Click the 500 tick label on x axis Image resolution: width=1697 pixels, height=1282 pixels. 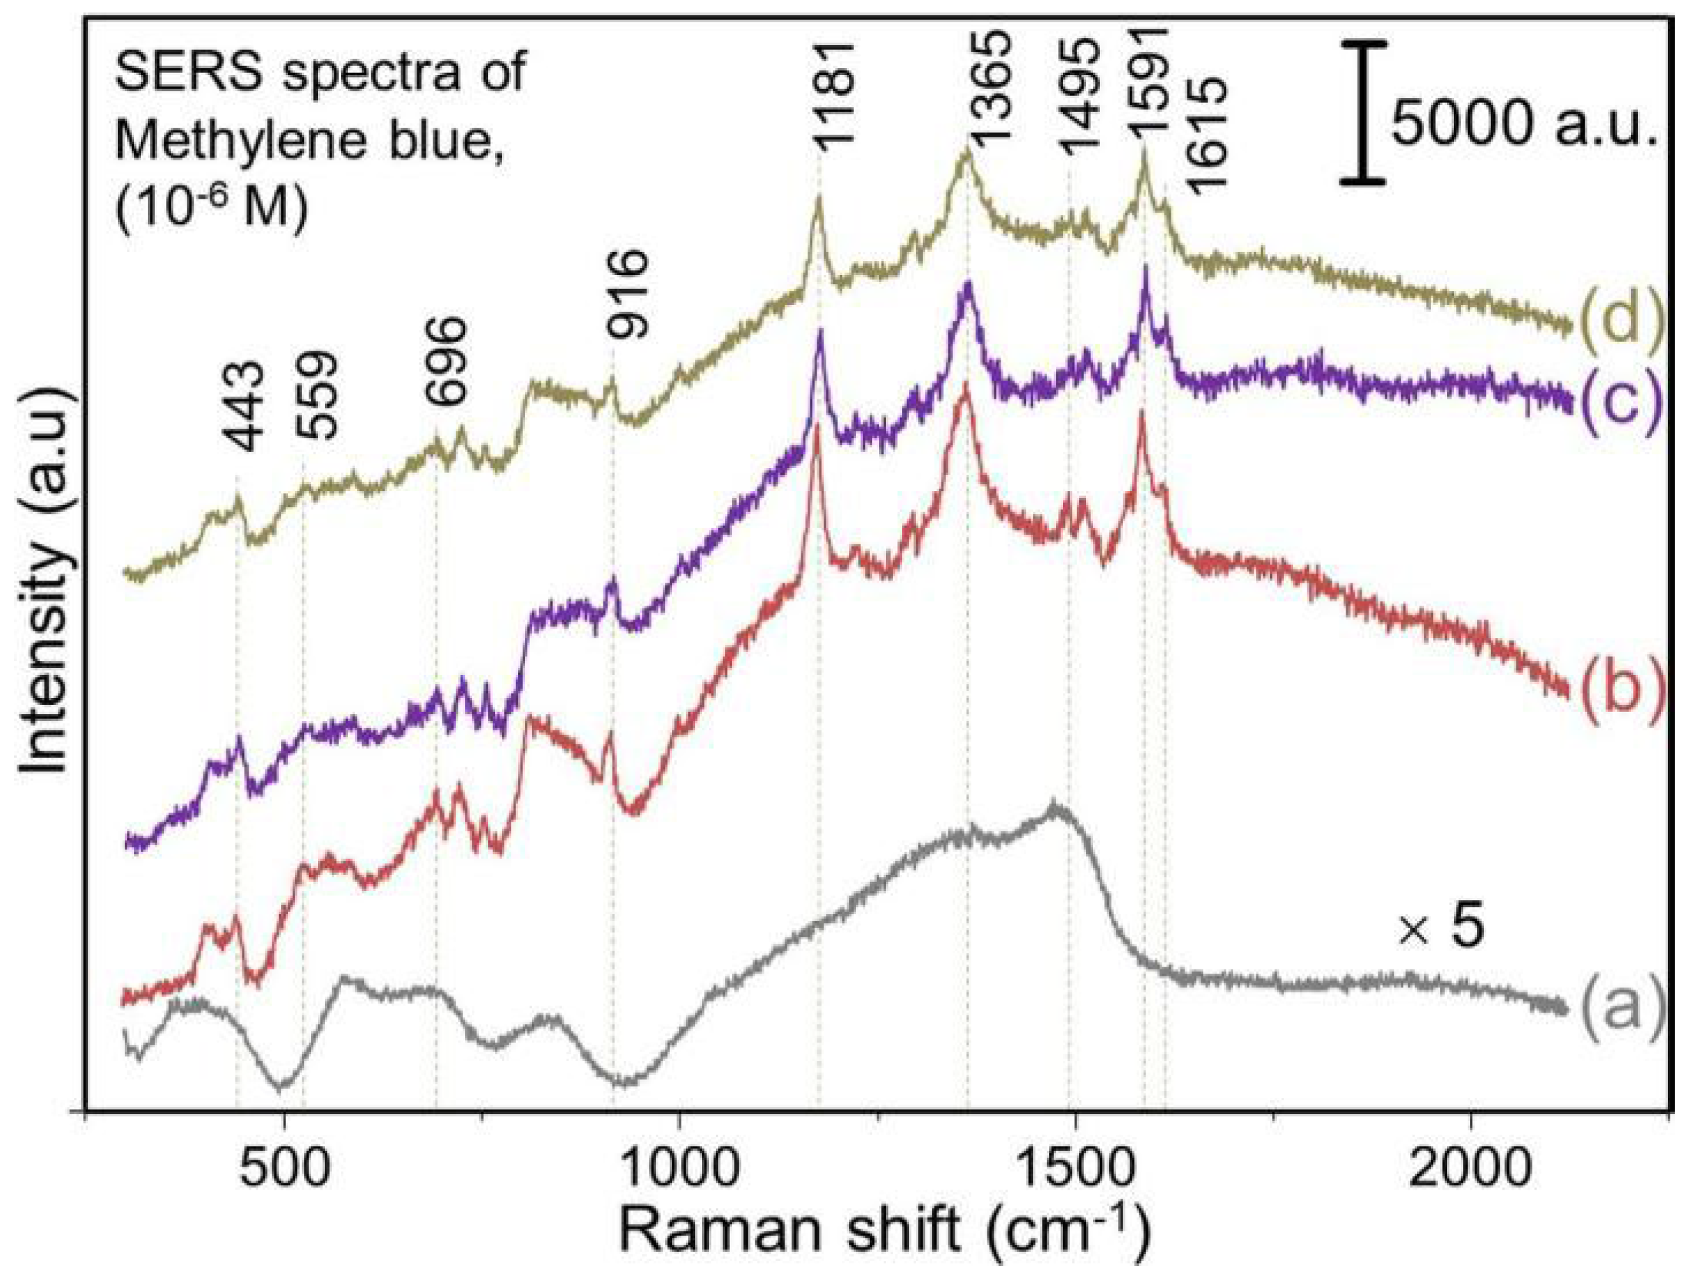pyautogui.click(x=285, y=1173)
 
